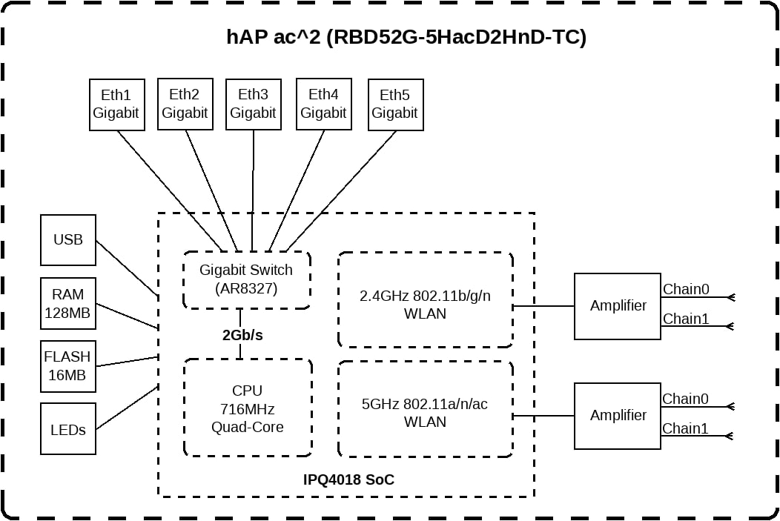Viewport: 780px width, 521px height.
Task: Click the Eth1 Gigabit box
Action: point(117,105)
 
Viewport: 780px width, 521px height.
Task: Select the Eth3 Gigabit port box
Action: point(253,104)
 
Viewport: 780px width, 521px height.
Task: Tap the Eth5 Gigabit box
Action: point(395,105)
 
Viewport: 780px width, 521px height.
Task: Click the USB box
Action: point(68,240)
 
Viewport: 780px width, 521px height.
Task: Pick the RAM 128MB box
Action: point(68,303)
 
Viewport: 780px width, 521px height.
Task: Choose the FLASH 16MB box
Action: point(68,366)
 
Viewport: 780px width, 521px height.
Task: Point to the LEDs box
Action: point(68,428)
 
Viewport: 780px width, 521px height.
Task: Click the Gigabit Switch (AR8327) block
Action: point(247,280)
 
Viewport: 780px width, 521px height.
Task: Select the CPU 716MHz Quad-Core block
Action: point(247,408)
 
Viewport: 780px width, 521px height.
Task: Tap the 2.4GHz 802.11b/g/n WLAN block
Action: point(426,299)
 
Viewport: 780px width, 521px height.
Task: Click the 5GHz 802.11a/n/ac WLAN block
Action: point(426,408)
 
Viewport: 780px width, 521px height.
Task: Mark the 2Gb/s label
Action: point(242,335)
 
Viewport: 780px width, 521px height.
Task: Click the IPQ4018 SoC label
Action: point(348,479)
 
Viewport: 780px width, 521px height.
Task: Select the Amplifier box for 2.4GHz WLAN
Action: point(618,306)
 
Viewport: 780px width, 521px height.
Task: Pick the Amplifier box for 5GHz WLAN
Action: point(618,416)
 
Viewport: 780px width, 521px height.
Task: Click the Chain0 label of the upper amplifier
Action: point(686,289)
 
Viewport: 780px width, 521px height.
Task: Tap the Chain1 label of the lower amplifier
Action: point(685,428)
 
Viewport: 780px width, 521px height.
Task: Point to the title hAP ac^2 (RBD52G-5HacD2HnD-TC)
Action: point(406,37)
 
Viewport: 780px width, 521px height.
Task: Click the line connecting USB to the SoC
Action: point(128,268)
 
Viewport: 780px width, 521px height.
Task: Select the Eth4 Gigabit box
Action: point(324,104)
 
